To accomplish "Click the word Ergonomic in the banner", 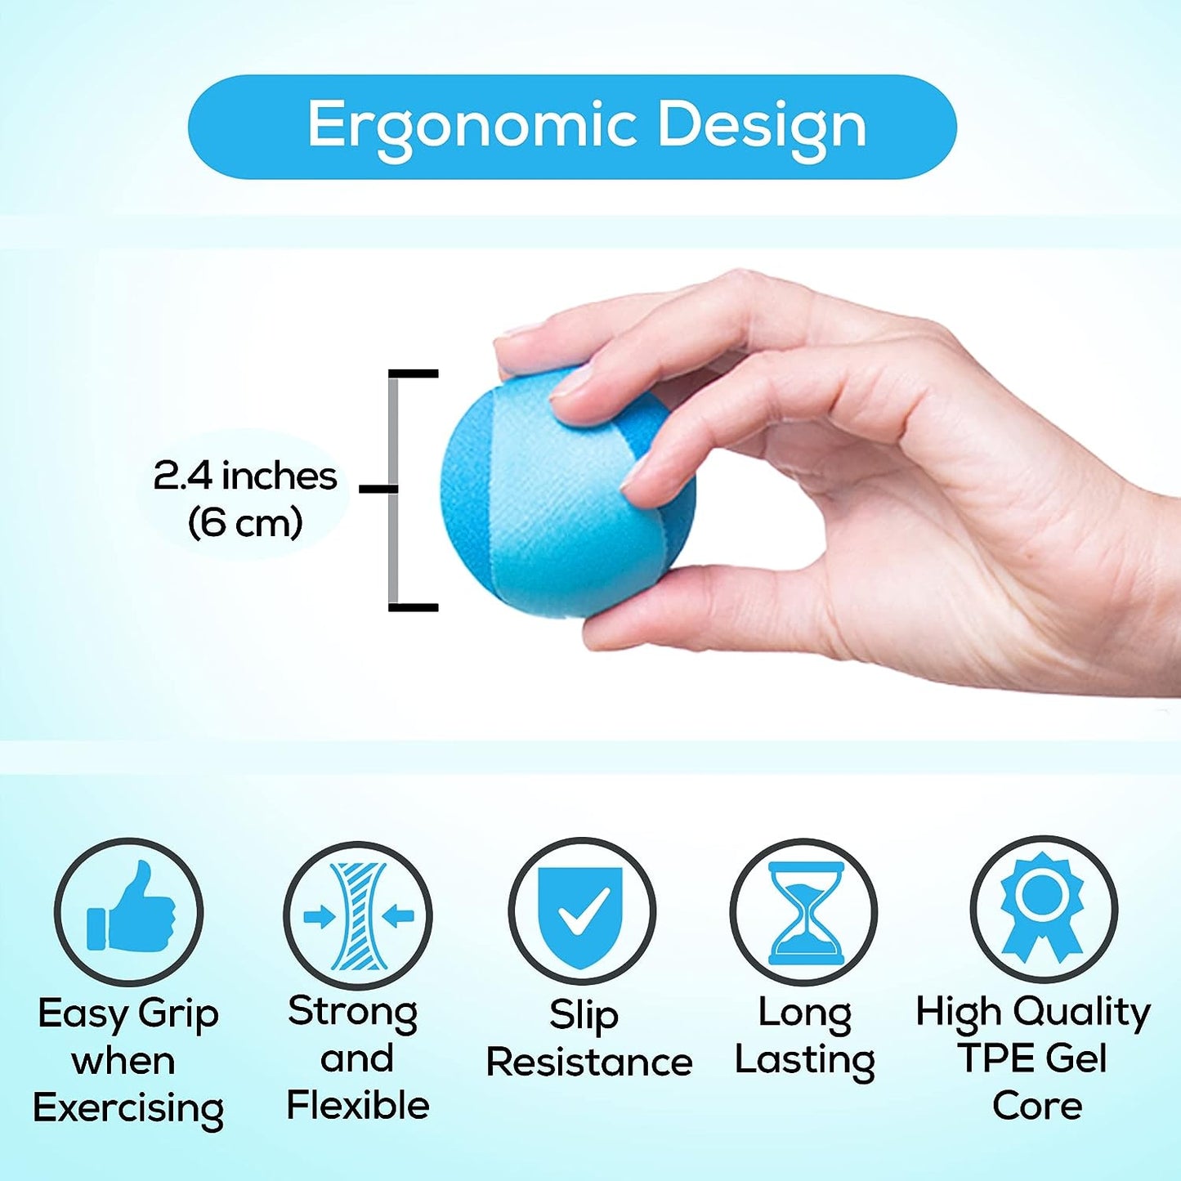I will [472, 127].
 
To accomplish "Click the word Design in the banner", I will [762, 127].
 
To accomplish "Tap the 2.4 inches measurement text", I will [245, 476].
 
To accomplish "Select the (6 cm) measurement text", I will [245, 522].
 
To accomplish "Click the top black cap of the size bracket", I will [414, 374].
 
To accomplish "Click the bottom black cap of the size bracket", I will [414, 607].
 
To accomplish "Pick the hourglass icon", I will [804, 913].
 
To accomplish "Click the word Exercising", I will [128, 1109].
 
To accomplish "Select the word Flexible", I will [358, 1106].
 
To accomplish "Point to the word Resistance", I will [589, 1062].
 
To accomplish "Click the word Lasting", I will [804, 1060].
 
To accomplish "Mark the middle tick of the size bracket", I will [378, 489].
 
